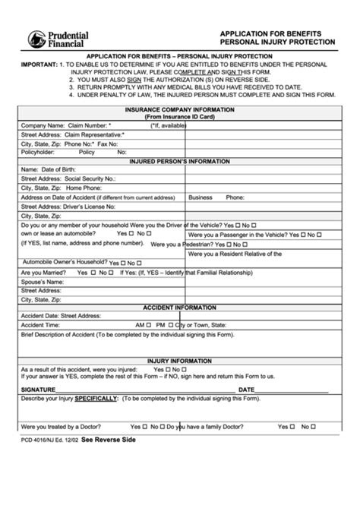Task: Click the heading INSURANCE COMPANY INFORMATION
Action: tap(179, 109)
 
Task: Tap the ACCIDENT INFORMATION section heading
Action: tap(179, 308)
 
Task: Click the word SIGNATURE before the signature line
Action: tap(39, 390)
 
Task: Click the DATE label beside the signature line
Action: tap(247, 390)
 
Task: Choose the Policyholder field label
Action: tap(39, 152)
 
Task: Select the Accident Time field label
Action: tap(43, 324)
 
